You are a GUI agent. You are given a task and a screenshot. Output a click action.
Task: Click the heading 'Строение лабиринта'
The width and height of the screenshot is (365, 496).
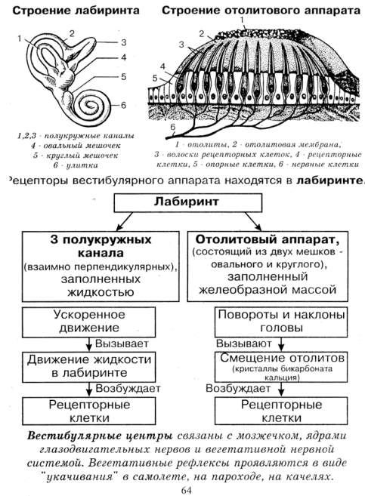76,11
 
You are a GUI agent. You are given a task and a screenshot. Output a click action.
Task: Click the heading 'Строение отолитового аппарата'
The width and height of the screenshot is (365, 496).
261,11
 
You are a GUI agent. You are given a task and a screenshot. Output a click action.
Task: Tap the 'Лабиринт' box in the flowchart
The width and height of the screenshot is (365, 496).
188,202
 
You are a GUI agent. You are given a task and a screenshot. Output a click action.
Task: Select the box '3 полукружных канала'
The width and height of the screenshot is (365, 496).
101,266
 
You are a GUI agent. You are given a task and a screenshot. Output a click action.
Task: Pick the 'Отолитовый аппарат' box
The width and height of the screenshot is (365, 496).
268,266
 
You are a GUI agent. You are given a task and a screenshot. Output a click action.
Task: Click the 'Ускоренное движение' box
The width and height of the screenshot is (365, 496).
89,322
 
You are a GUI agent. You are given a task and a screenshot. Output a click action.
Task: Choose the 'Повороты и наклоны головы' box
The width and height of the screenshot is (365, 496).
281,322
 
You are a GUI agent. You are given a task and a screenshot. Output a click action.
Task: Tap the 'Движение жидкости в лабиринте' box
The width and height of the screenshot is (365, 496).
89,367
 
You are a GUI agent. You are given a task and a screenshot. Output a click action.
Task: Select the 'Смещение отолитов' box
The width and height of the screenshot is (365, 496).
281,367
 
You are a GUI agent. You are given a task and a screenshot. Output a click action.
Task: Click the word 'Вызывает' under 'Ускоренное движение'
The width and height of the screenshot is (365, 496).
122,344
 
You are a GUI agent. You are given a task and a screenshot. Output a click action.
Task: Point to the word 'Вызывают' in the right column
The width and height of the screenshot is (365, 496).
244,344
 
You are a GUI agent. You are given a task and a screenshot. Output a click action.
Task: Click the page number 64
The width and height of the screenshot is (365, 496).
187,490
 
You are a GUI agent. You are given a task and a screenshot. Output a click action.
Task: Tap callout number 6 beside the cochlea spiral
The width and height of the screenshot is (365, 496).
123,105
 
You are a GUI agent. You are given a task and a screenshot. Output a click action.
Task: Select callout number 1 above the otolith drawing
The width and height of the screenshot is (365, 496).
242,20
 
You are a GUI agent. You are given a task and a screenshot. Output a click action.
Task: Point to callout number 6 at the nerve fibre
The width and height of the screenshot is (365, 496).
172,127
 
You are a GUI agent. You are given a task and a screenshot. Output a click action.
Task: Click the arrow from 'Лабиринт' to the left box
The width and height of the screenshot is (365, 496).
125,221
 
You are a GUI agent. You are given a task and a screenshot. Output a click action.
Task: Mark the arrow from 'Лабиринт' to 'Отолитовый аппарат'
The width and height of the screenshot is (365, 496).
253,221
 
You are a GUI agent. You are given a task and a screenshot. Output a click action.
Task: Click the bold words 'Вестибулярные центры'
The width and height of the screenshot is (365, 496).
100,436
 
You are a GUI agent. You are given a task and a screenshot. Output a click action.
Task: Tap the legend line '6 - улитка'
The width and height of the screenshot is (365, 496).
76,165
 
